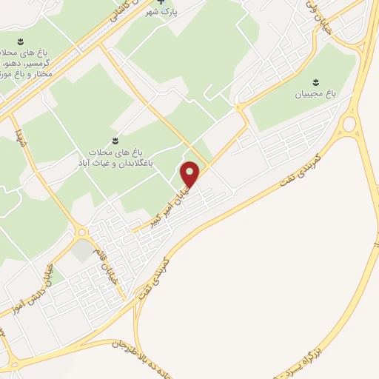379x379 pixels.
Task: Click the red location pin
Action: [x=191, y=175]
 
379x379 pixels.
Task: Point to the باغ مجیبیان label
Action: [x=315, y=93]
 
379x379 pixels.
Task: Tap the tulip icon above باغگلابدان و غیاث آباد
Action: [x=115, y=138]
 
